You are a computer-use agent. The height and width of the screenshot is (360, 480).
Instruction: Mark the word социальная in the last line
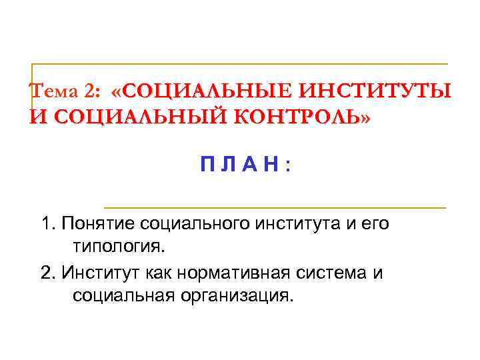[121, 296]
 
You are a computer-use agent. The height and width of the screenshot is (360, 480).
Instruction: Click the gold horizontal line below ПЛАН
[275, 208]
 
